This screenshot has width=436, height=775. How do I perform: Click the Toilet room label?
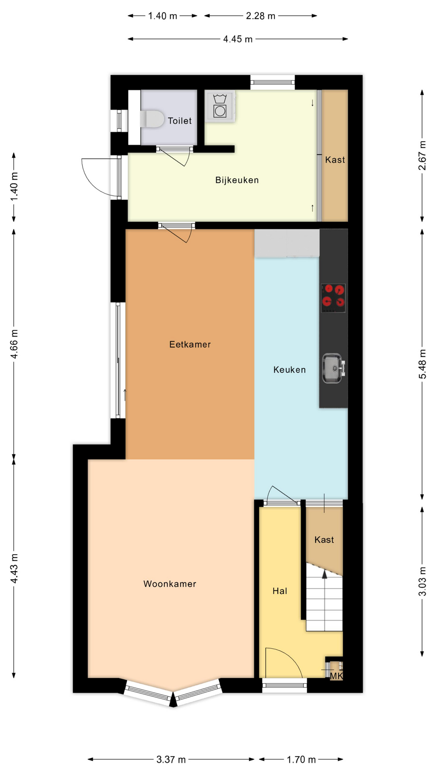[x=180, y=121]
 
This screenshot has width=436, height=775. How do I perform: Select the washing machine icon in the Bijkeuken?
[x=220, y=106]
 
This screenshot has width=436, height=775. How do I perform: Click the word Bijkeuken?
[x=237, y=180]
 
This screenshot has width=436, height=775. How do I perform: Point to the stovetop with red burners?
[x=333, y=298]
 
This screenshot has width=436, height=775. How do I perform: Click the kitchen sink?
[x=333, y=368]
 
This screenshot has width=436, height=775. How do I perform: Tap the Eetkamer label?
[x=190, y=344]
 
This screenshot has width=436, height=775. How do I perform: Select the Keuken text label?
[x=289, y=370]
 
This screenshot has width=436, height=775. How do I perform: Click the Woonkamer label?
[x=170, y=584]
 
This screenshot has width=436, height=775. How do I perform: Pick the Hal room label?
[x=280, y=591]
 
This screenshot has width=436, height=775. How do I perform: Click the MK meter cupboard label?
[x=336, y=676]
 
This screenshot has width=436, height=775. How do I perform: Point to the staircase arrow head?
[x=324, y=574]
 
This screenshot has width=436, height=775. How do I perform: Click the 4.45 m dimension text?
[x=238, y=39]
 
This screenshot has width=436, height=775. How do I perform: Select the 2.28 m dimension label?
[x=261, y=16]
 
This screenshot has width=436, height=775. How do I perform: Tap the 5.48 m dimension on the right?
[x=422, y=364]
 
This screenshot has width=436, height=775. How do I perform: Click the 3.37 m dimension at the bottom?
[x=171, y=760]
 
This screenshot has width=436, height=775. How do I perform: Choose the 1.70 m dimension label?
[x=301, y=760]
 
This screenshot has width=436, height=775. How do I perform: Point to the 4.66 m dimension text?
[x=14, y=344]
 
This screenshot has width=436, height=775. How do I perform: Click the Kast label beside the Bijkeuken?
[x=335, y=160]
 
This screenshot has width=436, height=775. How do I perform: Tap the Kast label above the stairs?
[x=324, y=540]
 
